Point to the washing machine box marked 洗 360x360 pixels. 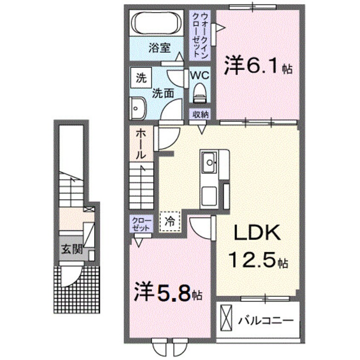tap(140, 78)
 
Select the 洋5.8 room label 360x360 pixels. tap(166, 294)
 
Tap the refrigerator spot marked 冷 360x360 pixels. tap(170, 221)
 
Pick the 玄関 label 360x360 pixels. tap(71, 250)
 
